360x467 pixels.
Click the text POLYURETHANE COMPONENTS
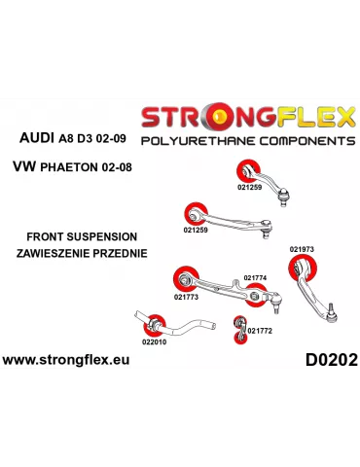coord(246,142)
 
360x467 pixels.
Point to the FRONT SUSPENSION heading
coord(83,236)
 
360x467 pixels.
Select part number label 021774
coord(255,278)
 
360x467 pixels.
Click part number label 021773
coord(187,297)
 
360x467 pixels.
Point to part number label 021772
coord(260,331)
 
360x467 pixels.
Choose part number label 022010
coord(154,341)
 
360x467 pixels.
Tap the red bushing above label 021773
coord(181,279)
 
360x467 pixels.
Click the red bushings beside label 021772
coord(238,330)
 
